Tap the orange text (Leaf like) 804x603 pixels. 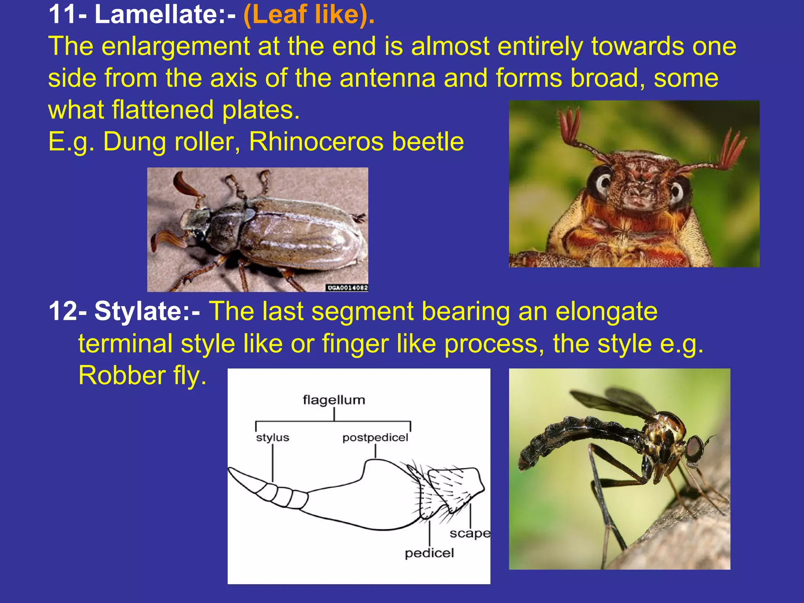pyautogui.click(x=309, y=15)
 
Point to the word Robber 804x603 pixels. pyautogui.click(x=122, y=375)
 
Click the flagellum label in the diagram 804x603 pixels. pyautogui.click(x=334, y=400)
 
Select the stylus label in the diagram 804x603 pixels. pyautogui.click(x=272, y=437)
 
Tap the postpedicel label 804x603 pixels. pyautogui.click(x=375, y=437)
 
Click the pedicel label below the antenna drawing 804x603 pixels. pyautogui.click(x=429, y=553)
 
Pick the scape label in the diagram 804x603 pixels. pyautogui.click(x=470, y=533)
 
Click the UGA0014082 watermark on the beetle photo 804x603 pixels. pyautogui.click(x=347, y=288)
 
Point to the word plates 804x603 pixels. pyautogui.click(x=261, y=110)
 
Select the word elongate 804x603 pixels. pyautogui.click(x=607, y=311)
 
